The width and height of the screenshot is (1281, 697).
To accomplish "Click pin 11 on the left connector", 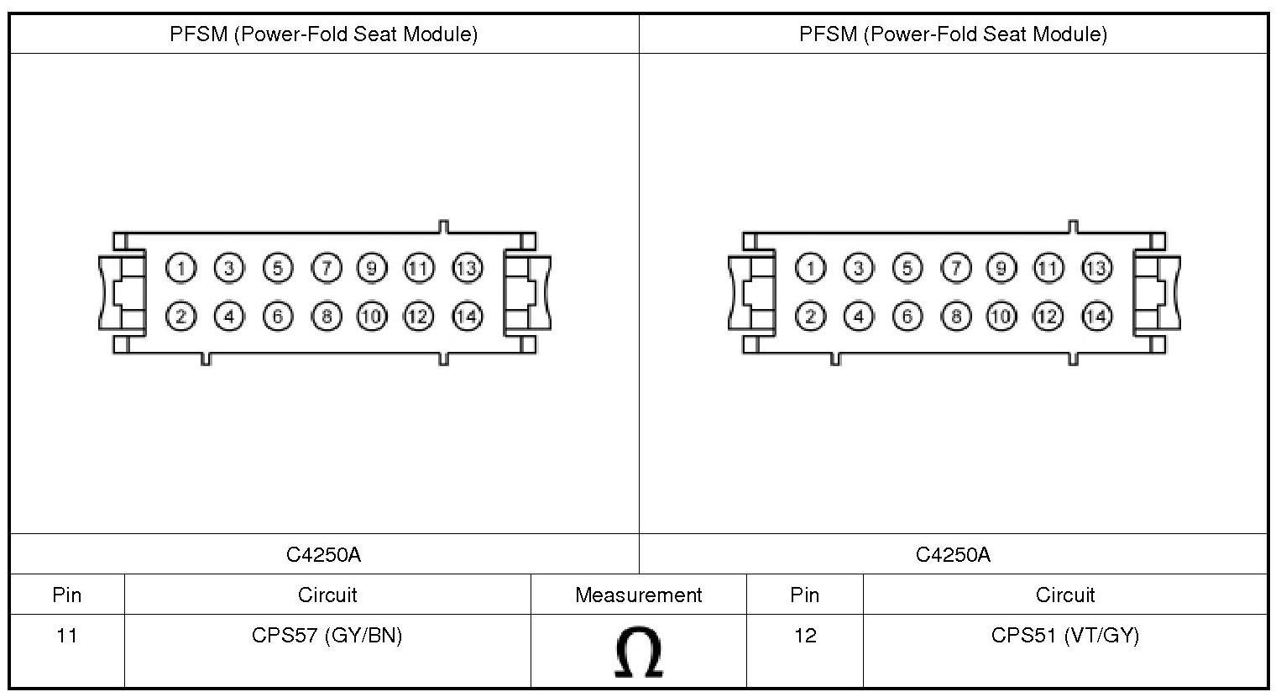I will pos(418,268).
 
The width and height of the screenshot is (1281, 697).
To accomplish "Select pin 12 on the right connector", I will pos(1047,316).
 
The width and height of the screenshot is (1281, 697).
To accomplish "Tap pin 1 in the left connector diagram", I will pos(180,268).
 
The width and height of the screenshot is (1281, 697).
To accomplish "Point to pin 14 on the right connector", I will pos(1096,316).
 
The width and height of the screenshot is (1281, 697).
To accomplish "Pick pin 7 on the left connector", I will pos(327,268).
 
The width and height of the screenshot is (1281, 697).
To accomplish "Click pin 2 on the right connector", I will pos(810,316).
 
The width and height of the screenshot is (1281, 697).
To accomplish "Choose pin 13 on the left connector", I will pos(467,268).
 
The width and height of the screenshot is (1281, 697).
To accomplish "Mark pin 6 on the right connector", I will pos(907,316).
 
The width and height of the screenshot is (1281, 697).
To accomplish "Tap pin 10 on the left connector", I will pos(371,316).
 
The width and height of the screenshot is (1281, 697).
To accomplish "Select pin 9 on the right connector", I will pos(1000,268).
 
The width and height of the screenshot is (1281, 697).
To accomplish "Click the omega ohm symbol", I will pos(639,652).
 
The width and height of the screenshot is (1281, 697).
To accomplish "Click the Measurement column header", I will pos(638,595).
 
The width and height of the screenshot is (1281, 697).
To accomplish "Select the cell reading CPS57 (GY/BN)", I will pos(327,636).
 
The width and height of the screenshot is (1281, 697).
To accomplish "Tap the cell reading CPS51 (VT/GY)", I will pos(1064,636).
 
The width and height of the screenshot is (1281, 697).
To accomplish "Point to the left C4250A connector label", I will pos(324,554).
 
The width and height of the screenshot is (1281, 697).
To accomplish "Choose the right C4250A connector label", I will pos(953,554).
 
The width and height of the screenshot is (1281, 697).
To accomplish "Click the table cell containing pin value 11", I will pos(67,636).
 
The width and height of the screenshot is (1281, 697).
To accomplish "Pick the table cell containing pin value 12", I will pos(804,636).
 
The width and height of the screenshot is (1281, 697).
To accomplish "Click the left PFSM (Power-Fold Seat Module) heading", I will pos(324,34).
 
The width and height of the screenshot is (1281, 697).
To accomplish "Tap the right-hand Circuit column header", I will pos(1064,595).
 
